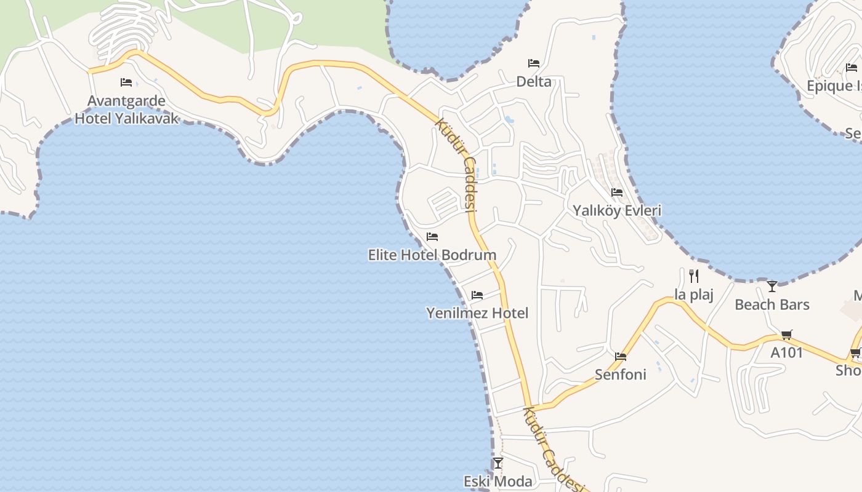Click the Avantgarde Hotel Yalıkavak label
tap(127, 109)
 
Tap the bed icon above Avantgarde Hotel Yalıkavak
tap(126, 82)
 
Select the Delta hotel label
tap(534, 82)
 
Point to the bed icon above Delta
tap(534, 63)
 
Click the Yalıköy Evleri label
tap(617, 210)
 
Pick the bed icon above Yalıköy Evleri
tap(617, 192)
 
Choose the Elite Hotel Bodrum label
tap(432, 255)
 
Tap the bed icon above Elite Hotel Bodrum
tap(432, 237)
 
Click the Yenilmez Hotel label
tap(477, 313)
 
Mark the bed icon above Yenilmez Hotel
tap(477, 295)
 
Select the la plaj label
tap(694, 295)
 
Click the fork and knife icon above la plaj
tap(694, 276)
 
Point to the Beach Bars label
tap(772, 304)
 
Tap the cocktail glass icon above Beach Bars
tap(772, 286)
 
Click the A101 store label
tap(787, 353)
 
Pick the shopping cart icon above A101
tap(787, 335)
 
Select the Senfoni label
tap(621, 375)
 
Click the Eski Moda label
tap(497, 481)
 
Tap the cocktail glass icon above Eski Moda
tap(498, 462)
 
